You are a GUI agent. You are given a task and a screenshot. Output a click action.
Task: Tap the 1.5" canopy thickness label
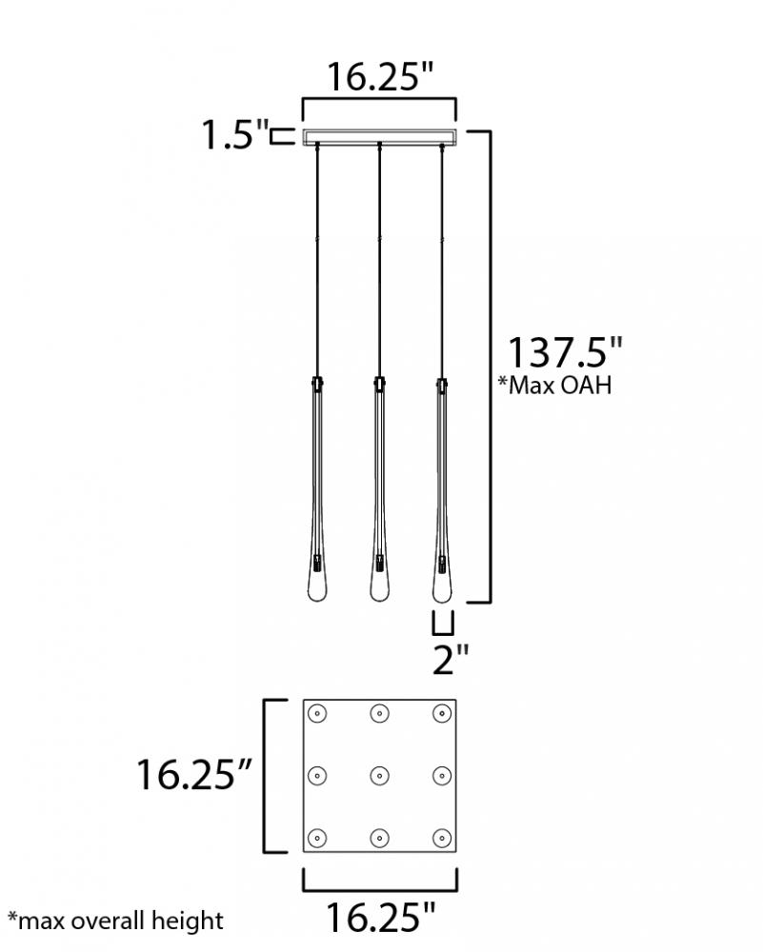235,134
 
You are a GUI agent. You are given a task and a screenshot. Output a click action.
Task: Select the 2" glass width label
451,660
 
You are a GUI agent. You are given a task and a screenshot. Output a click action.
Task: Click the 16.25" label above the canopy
380,76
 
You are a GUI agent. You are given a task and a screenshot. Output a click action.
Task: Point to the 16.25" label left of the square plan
193,775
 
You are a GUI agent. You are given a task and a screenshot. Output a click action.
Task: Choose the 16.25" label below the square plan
381,917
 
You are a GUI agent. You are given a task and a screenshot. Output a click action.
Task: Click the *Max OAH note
554,386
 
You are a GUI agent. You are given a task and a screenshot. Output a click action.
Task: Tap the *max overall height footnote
115,921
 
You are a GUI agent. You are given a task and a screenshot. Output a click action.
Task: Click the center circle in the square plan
380,775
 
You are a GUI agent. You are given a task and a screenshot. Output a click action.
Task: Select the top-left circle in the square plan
317,713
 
